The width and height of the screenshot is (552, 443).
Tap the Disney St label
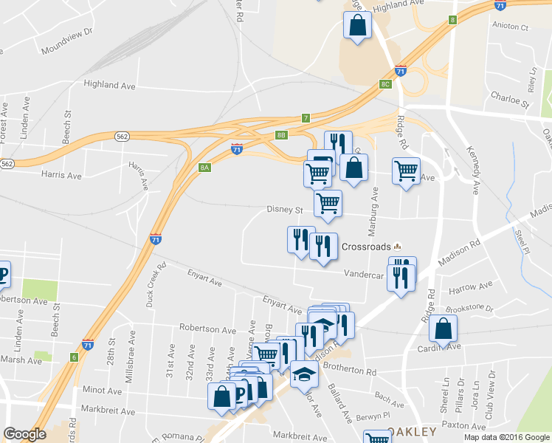(x=285, y=210)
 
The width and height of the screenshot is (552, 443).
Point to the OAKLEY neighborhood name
(x=418, y=430)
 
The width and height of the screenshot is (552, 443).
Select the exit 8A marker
(x=204, y=168)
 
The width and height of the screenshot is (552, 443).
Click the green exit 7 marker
(x=306, y=118)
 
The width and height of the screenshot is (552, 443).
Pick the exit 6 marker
(x=74, y=357)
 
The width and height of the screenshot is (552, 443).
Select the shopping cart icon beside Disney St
(x=328, y=203)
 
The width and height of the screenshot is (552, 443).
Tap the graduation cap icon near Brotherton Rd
(x=303, y=374)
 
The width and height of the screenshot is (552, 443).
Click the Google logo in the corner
(x=24, y=435)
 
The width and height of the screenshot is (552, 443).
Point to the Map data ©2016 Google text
(x=506, y=437)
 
